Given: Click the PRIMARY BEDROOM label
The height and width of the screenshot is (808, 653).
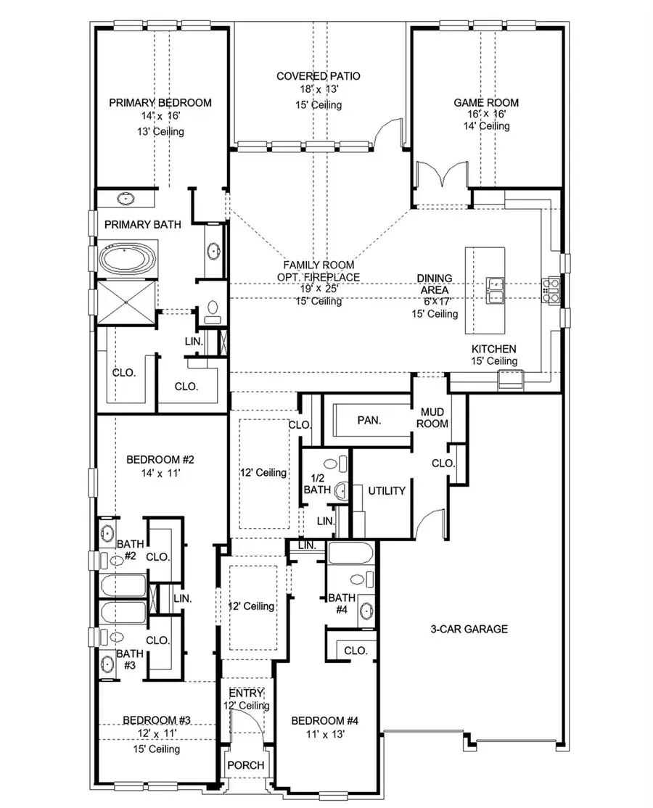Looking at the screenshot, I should (160, 102).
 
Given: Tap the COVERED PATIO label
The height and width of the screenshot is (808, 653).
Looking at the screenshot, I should (319, 76).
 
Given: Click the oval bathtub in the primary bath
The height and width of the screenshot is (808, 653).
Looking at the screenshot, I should (126, 259).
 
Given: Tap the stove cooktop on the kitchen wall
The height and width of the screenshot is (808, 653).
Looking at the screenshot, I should (549, 289).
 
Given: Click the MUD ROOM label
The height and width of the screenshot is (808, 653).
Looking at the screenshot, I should (431, 418).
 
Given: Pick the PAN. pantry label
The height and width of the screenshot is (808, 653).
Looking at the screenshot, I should (369, 420).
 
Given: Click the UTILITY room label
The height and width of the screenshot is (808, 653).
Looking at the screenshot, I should (386, 491).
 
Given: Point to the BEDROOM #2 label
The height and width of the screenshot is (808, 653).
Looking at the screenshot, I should (160, 459).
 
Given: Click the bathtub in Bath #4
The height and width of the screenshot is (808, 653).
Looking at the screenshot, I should (350, 555).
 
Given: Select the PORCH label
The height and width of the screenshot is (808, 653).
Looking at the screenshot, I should (246, 765).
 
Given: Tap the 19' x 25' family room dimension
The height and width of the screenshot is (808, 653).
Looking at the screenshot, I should (312, 289).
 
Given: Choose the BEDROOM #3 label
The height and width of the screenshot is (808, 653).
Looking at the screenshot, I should (156, 720).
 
